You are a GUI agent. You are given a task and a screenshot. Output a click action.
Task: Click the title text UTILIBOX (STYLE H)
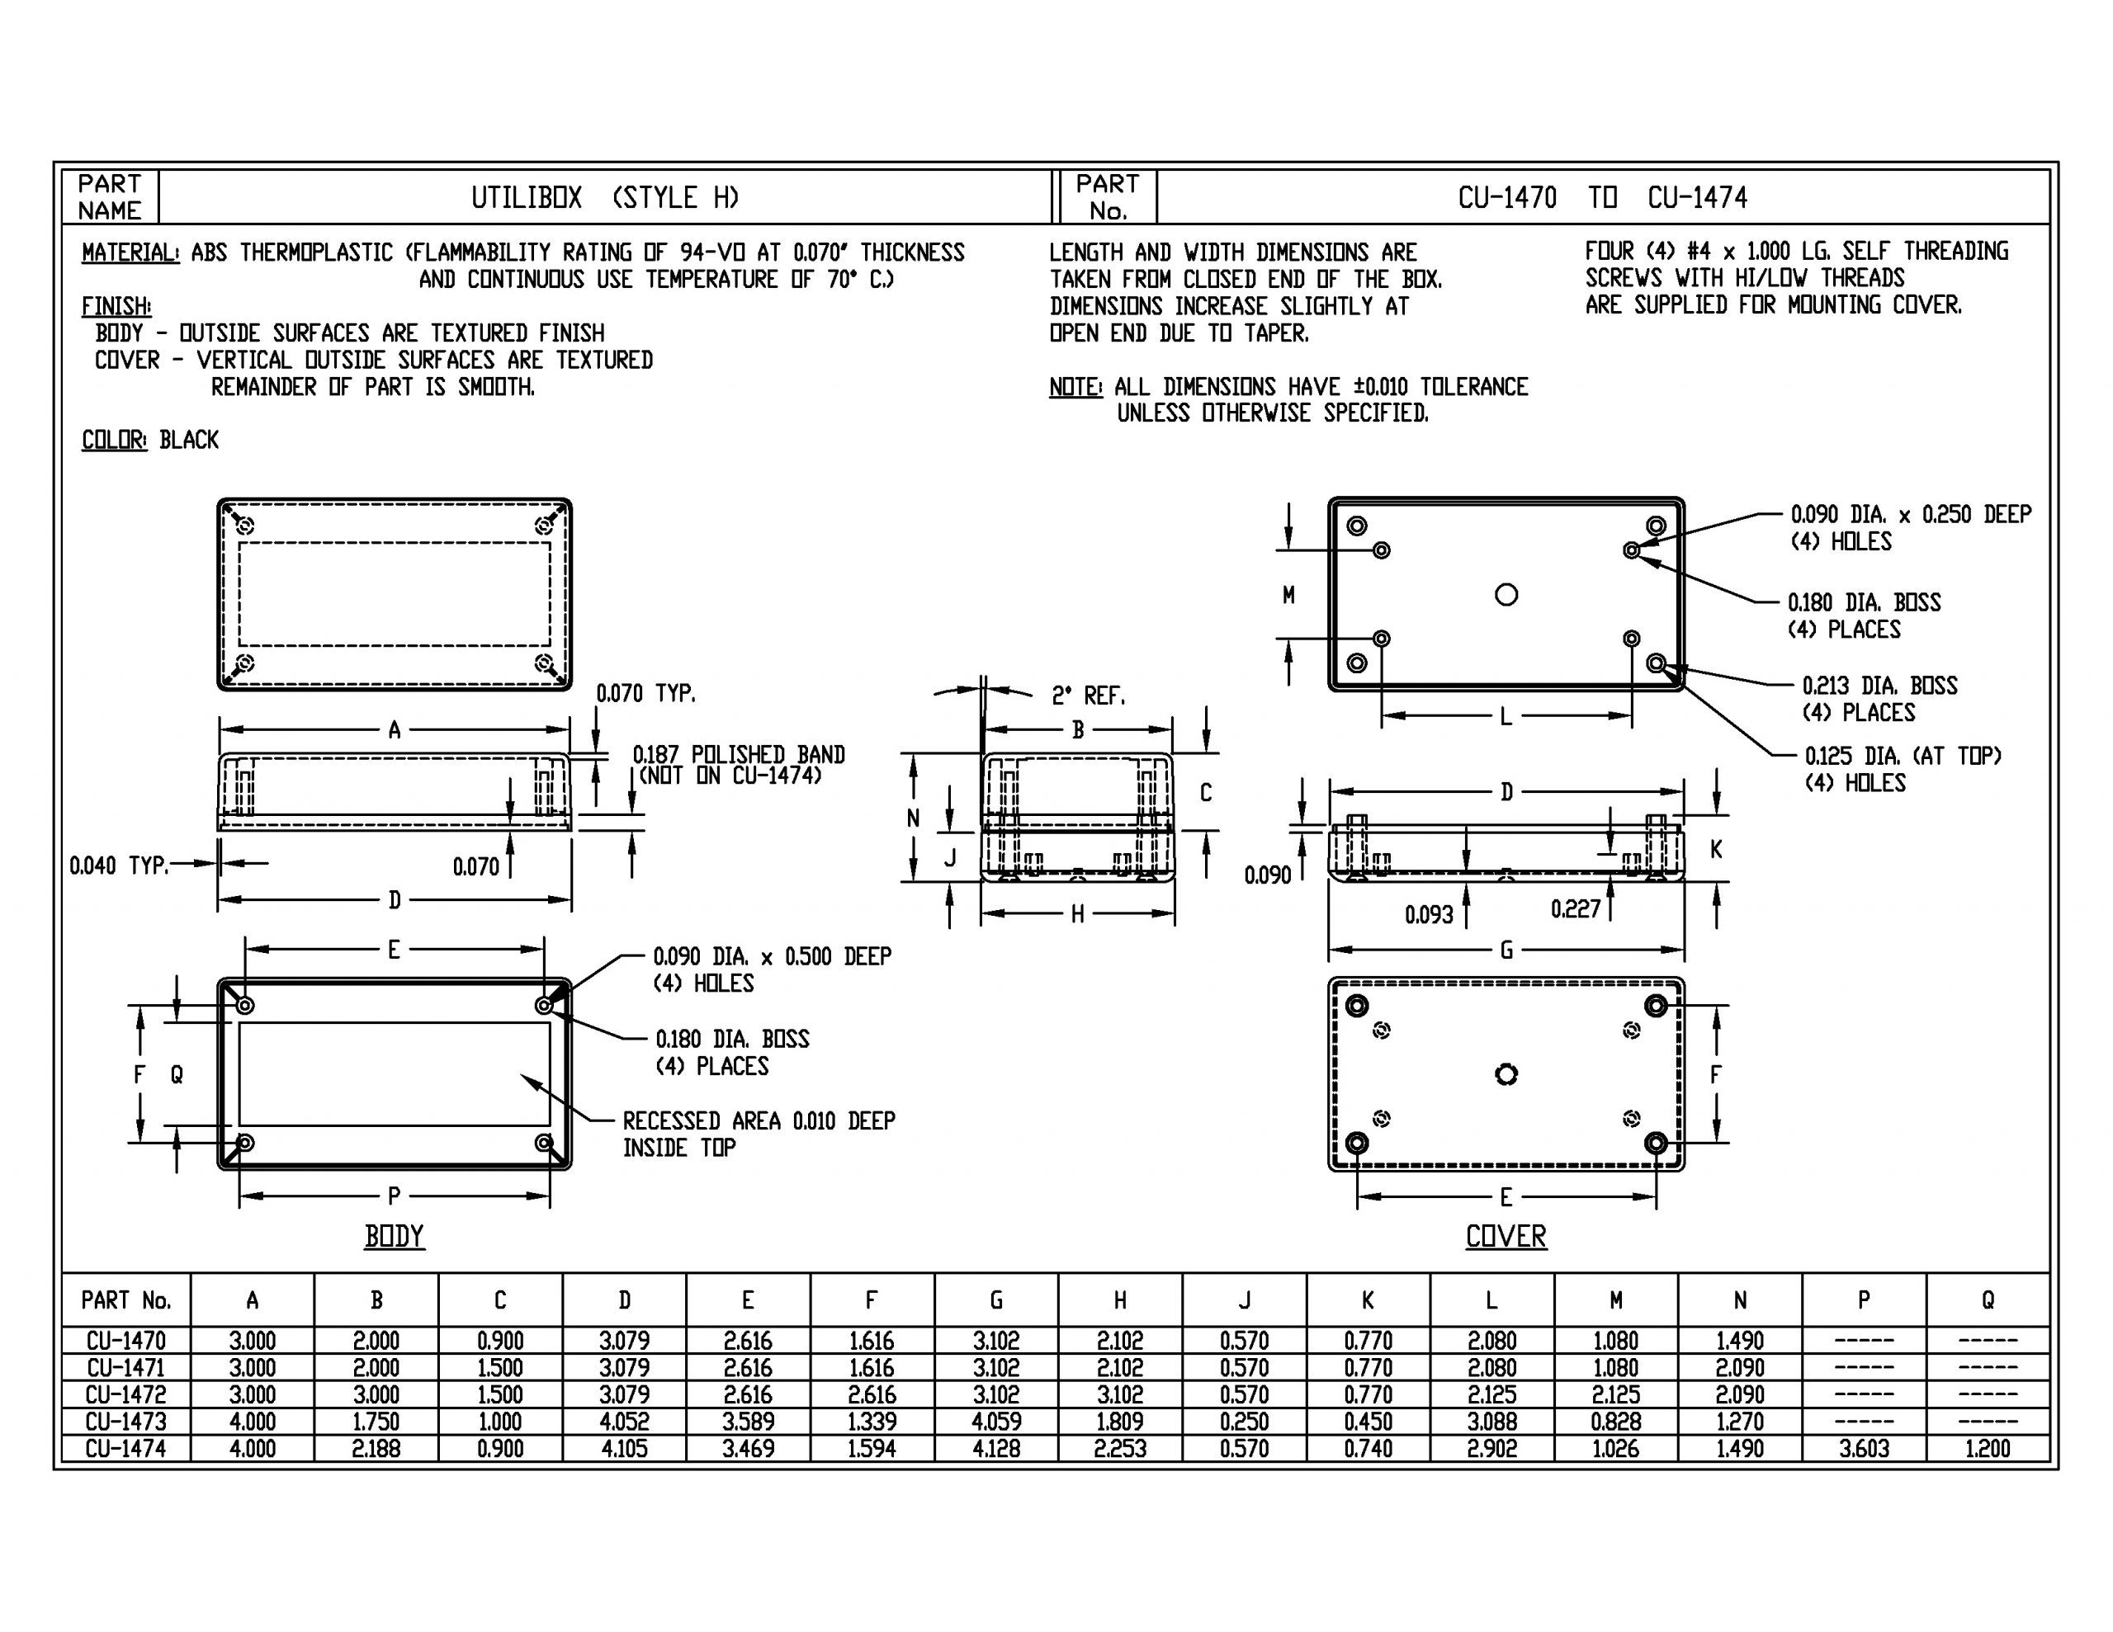605,197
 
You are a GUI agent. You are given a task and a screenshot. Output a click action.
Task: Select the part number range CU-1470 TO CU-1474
1601,197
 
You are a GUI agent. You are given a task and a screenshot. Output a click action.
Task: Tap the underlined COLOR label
114,440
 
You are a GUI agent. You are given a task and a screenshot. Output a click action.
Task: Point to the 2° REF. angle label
1088,696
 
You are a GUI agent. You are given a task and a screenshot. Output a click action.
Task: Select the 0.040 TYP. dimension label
118,865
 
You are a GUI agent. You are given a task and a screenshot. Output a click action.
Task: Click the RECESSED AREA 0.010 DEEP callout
759,1121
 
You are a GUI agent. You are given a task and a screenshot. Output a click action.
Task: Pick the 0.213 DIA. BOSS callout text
1879,686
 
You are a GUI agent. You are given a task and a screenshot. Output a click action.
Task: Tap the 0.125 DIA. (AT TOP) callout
1902,756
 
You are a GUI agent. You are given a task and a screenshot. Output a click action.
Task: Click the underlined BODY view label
394,1236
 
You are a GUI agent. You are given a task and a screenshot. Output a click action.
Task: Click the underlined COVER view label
1506,1236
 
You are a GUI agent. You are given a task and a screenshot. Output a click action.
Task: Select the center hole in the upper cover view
1506,594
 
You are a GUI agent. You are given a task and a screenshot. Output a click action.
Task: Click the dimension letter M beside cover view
1288,595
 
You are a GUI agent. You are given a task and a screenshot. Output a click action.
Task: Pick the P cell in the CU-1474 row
1864,1448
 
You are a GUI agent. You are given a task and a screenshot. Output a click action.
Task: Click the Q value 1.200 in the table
1988,1448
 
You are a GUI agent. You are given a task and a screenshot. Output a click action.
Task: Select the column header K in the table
1367,1300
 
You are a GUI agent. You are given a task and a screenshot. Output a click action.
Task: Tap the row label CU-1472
125,1395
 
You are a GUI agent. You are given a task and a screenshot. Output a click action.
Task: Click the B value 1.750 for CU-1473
376,1421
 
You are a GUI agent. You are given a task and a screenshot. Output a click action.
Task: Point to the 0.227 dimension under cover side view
1575,908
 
